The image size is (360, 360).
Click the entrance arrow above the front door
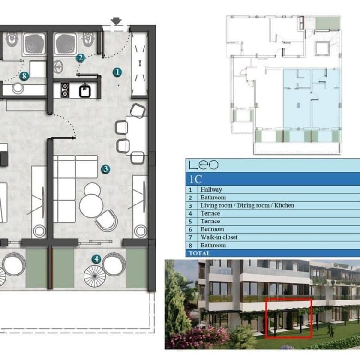pos(116,21)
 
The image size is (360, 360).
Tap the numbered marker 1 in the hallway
pos(117,72)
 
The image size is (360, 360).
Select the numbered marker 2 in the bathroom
pos(80,58)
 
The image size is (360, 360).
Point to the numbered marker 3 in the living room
pos(105,169)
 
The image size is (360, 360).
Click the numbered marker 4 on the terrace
pos(96,259)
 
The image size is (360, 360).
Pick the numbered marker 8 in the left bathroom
pos(24,76)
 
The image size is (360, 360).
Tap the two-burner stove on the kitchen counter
pos(65,90)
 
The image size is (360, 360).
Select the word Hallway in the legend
pos(211,189)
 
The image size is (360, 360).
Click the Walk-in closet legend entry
pos(219,237)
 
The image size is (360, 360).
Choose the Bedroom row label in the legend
pos(212,229)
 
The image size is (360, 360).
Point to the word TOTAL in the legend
pos(199,253)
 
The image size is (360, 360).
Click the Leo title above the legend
pos(204,165)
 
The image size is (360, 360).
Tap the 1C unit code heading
pos(195,179)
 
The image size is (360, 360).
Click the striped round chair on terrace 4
pos(95,276)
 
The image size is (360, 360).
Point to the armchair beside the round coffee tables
pos(107,220)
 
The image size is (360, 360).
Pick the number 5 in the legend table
pos(190,222)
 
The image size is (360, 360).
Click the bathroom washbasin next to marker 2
pos(58,67)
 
